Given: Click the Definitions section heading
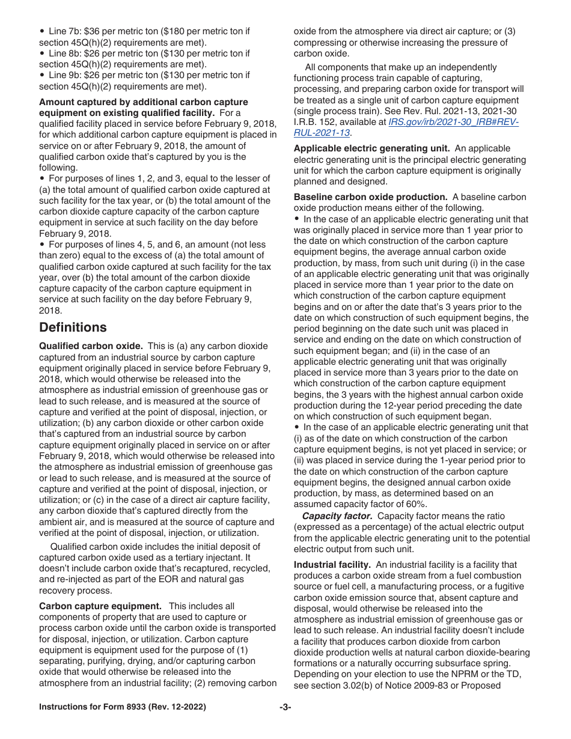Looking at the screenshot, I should coord(73,327).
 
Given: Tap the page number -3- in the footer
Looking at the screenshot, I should coord(285,707).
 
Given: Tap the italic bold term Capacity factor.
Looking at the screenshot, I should coord(337,516).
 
